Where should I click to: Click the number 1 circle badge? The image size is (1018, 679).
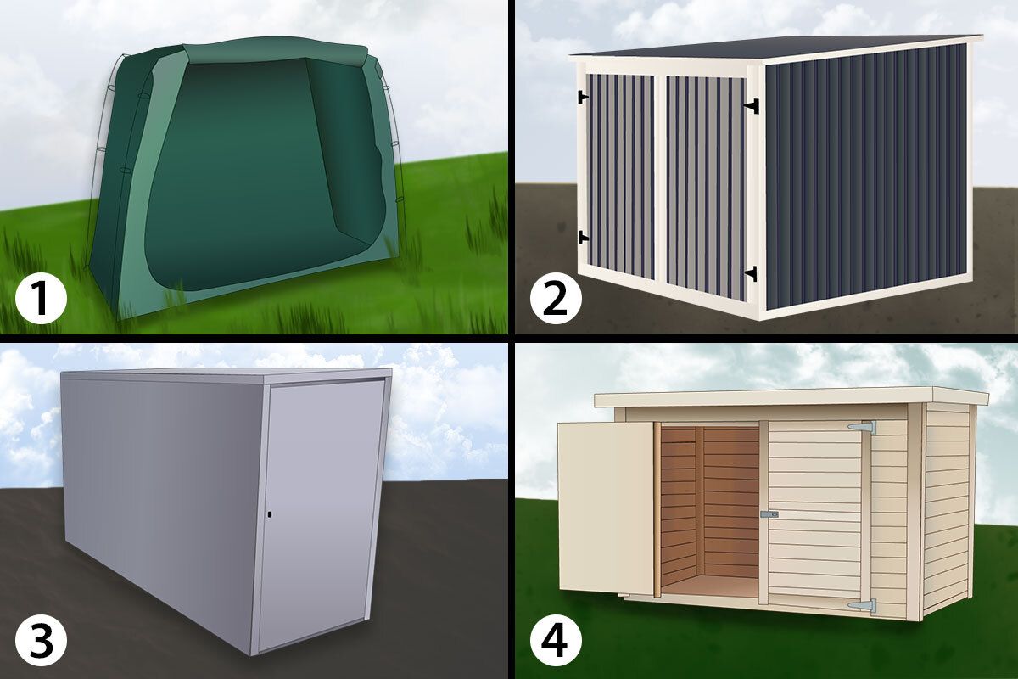(42, 300)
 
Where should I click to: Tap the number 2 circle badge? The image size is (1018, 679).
(556, 300)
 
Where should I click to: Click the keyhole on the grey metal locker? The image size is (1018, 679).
(271, 515)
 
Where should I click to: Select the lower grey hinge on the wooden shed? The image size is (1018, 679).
(862, 605)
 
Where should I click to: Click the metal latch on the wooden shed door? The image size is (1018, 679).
(769, 514)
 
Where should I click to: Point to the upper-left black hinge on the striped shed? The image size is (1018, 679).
(583, 97)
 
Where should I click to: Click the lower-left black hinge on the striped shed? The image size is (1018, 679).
(583, 238)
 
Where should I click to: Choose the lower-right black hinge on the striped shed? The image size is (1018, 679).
(752, 274)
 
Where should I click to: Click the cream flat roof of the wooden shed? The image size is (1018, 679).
(791, 398)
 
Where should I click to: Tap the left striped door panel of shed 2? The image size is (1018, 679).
(620, 177)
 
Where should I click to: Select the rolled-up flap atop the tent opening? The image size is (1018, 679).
(275, 51)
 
